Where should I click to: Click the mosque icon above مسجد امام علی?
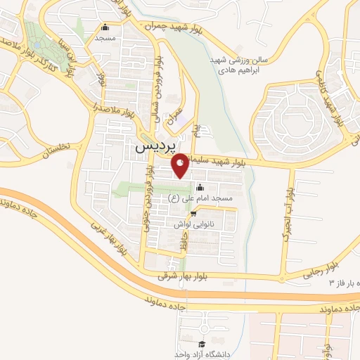pyautogui.click(x=199, y=188)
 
